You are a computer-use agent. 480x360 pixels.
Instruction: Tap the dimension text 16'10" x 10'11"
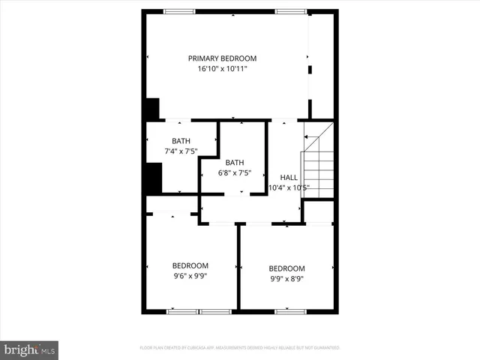(222, 68)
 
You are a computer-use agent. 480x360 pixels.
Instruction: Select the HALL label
(288, 177)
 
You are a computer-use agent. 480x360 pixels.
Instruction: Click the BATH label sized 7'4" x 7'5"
(181, 141)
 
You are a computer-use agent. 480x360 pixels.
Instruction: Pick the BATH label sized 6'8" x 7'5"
(235, 163)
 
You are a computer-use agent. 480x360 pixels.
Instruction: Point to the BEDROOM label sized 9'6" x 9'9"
(190, 265)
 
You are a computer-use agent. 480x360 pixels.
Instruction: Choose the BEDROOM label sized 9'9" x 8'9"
(287, 268)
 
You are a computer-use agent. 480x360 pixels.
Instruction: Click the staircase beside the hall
(317, 172)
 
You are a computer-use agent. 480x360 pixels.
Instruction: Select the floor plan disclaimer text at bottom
(240, 348)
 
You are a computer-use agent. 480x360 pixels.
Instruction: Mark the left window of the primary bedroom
(180, 11)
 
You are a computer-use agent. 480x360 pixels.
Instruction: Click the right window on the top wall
(289, 11)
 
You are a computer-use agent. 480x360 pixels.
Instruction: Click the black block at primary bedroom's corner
(151, 109)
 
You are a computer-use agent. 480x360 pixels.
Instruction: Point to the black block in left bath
(152, 178)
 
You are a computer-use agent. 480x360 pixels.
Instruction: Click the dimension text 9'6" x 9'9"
(190, 275)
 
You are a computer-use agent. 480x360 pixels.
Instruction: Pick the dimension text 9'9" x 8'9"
(287, 278)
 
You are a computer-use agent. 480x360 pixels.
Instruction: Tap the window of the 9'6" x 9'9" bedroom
(198, 310)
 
